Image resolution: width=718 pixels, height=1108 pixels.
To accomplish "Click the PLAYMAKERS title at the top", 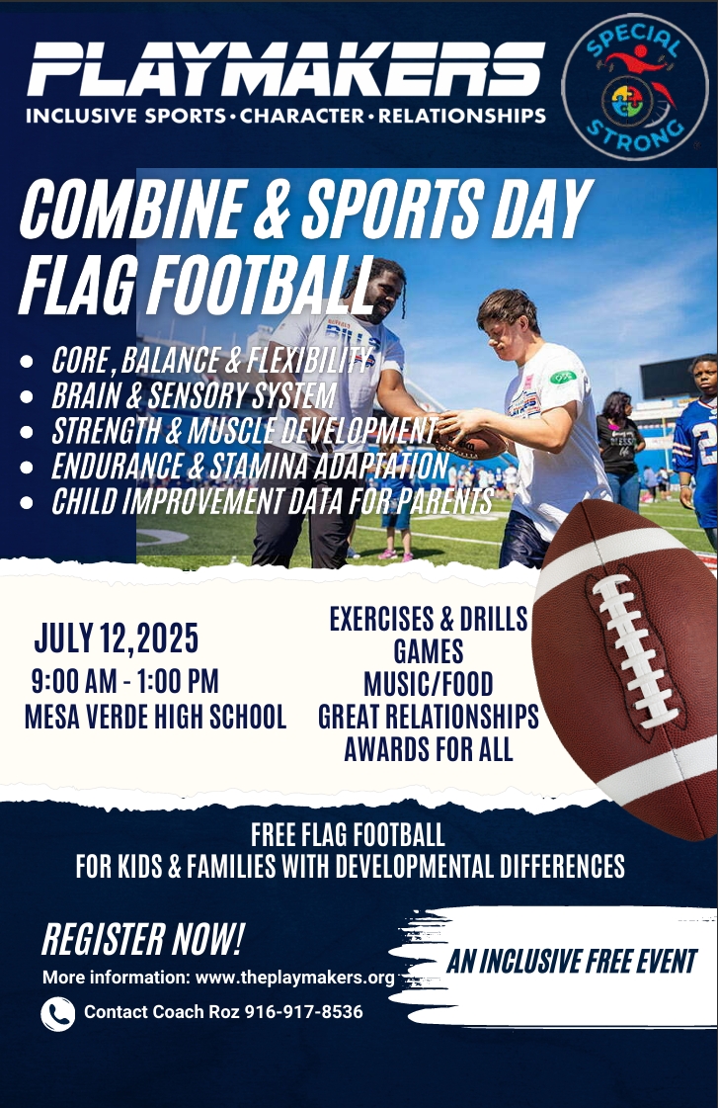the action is (286, 68).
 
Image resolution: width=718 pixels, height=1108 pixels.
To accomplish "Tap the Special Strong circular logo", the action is (635, 86).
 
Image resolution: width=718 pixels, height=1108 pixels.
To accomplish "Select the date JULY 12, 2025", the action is (117, 639).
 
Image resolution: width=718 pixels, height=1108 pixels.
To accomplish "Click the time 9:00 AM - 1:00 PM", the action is (125, 681).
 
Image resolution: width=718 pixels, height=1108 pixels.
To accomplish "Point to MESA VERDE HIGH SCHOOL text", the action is (155, 716).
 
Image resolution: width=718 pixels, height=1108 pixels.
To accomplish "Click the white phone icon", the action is (58, 1014).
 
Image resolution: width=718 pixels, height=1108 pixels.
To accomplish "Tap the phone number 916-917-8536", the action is (303, 1012).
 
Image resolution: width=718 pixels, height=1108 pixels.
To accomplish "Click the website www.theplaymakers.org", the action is (294, 978).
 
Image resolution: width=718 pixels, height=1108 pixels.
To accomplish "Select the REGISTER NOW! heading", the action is (142, 939).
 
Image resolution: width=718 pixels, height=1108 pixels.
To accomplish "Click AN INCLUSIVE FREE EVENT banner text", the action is (572, 962).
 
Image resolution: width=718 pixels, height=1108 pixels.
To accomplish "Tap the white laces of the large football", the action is (633, 651).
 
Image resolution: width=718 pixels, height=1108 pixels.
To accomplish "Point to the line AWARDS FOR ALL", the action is (429, 749).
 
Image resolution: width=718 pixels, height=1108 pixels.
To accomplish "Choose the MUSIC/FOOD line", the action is (429, 684).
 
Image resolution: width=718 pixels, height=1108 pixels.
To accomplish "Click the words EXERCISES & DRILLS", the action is (429, 619).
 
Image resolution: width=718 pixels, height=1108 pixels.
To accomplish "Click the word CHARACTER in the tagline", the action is (301, 116).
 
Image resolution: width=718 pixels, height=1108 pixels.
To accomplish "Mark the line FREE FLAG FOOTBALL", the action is (348, 835).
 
